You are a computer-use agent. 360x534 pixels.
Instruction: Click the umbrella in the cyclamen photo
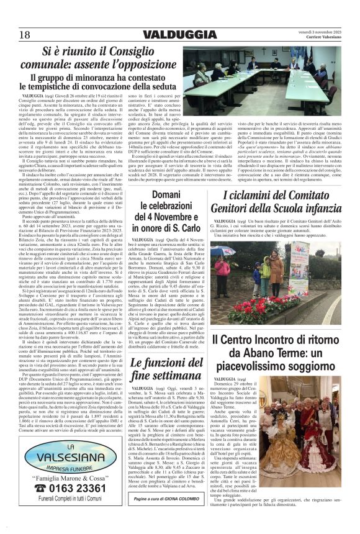(x=228, y=251)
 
